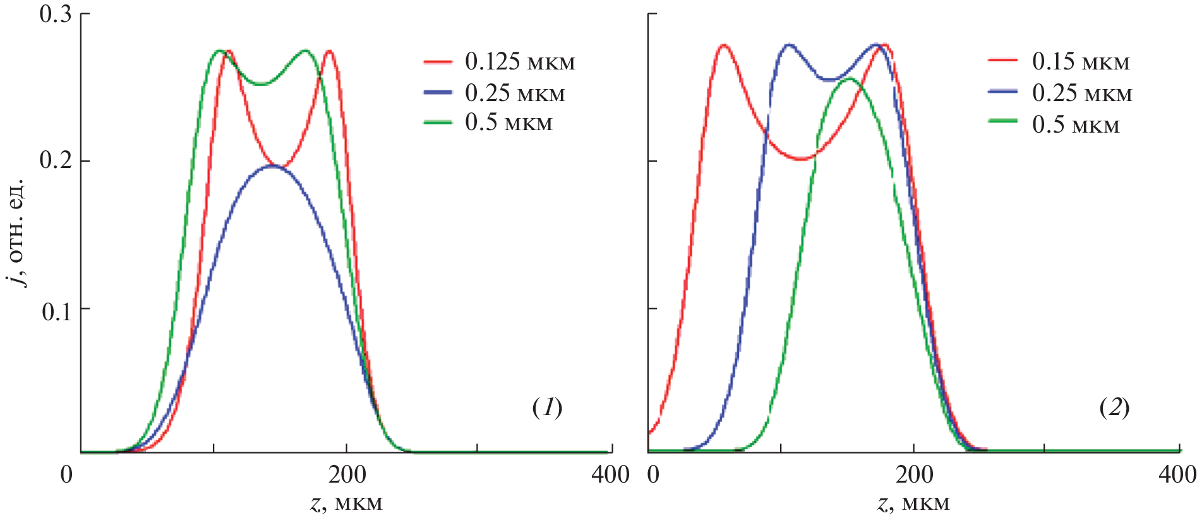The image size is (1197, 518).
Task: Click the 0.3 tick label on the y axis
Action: pyautogui.click(x=56, y=14)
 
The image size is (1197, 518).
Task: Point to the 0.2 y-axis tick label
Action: pyautogui.click(x=56, y=160)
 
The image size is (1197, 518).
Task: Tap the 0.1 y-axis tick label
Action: pyautogui.click(x=56, y=310)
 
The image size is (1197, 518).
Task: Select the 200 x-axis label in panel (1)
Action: pyautogui.click(x=347, y=474)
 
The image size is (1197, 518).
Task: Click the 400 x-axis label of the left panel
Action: pyautogui.click(x=610, y=474)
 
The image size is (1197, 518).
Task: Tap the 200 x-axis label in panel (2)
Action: pyautogui.click(x=914, y=474)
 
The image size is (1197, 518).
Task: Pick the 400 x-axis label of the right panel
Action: pyautogui.click(x=1177, y=474)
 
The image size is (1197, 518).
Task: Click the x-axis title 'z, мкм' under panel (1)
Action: pyautogui.click(x=347, y=503)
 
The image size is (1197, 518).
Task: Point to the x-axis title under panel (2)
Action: pyautogui.click(x=913, y=503)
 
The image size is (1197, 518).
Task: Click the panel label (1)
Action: pyautogui.click(x=547, y=407)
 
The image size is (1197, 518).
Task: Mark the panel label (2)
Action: pyautogui.click(x=1114, y=407)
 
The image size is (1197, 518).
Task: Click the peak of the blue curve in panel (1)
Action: pyautogui.click(x=272, y=166)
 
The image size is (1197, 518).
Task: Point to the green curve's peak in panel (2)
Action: pyautogui.click(x=850, y=78)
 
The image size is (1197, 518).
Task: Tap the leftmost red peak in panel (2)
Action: pyautogui.click(x=724, y=45)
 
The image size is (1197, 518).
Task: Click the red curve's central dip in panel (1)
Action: pyautogui.click(x=282, y=167)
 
